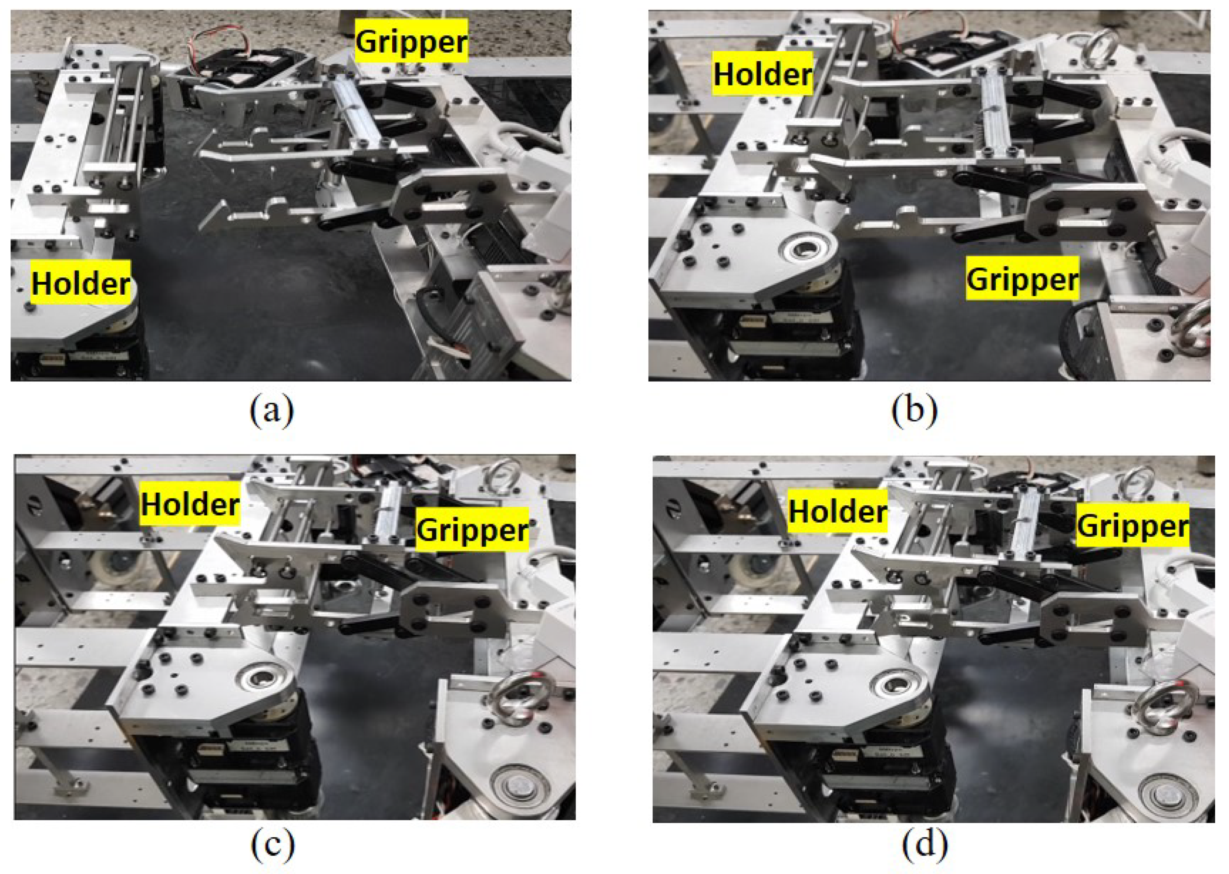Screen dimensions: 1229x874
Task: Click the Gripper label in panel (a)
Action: (x=411, y=40)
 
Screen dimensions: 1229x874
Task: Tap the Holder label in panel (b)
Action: (x=763, y=74)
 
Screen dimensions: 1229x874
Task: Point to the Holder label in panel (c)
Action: (x=190, y=504)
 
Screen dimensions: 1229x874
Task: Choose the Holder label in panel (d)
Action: (x=837, y=510)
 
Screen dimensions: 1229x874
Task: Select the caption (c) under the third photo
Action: (x=273, y=845)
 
